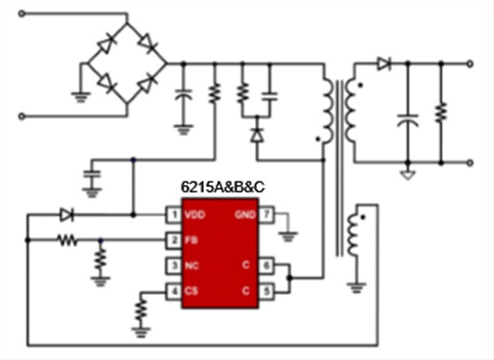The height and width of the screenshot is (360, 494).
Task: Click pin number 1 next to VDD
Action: click(176, 214)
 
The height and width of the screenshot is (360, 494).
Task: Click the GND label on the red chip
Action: click(243, 214)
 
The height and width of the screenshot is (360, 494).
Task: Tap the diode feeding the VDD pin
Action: click(65, 214)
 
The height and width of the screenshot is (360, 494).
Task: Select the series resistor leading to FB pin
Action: click(67, 239)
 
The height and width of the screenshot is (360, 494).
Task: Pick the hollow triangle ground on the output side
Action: click(407, 175)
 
